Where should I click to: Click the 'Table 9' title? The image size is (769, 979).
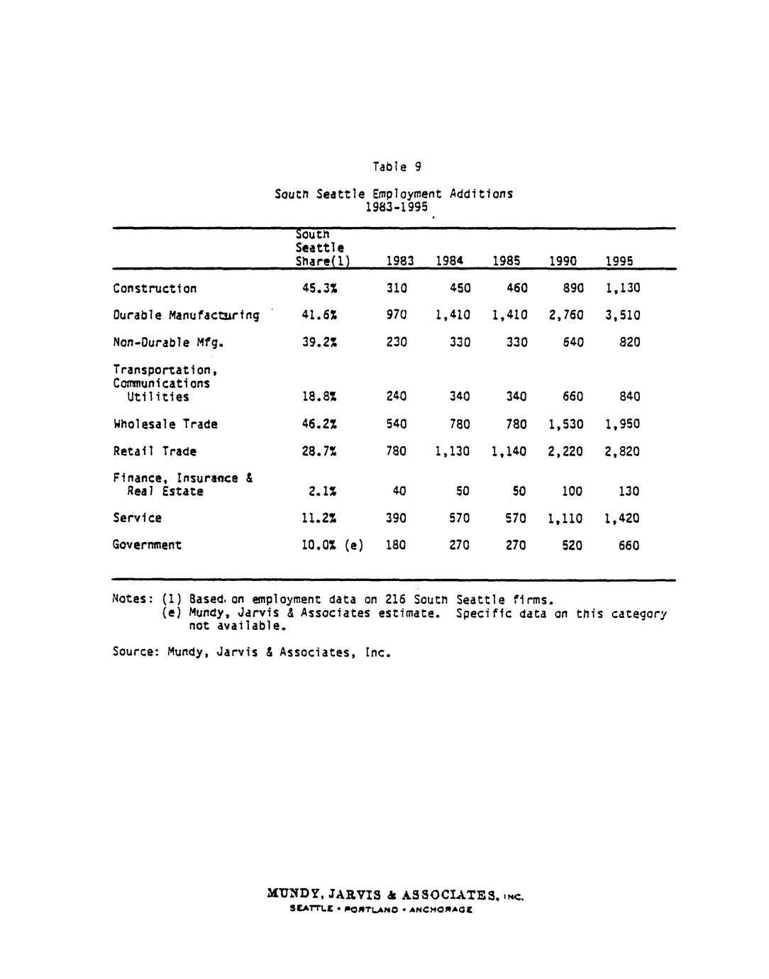pyautogui.click(x=397, y=167)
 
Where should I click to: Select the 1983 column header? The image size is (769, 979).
pyautogui.click(x=399, y=261)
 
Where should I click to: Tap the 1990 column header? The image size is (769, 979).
pyautogui.click(x=563, y=261)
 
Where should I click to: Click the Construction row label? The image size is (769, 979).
pyautogui.click(x=155, y=289)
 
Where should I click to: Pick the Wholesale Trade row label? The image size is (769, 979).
pyautogui.click(x=165, y=424)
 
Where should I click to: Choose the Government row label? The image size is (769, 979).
pyautogui.click(x=147, y=546)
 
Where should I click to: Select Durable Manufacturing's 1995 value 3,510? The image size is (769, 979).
pyautogui.click(x=622, y=316)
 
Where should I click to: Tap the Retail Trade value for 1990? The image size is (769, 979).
pyautogui.click(x=565, y=452)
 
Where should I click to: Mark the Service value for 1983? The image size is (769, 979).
pyautogui.click(x=396, y=519)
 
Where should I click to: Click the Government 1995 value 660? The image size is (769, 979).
pyautogui.click(x=629, y=546)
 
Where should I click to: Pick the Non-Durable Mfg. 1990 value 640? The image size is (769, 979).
pyautogui.click(x=572, y=343)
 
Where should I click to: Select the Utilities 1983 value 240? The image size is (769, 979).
pyautogui.click(x=396, y=397)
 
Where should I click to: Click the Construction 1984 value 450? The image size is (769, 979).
pyautogui.click(x=459, y=289)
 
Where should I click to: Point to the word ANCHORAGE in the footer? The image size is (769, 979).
pyautogui.click(x=443, y=909)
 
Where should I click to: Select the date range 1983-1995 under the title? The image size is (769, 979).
pyautogui.click(x=396, y=207)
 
